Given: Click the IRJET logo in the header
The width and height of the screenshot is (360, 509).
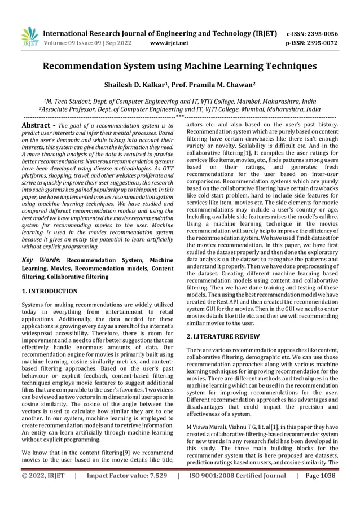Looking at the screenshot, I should pos(29,37).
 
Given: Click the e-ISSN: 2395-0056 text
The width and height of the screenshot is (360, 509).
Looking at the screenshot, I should pos(313,33).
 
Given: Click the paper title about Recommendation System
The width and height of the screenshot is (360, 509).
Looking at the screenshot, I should pos(180,67).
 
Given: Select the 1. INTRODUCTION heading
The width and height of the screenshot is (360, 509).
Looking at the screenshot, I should pos(50,291).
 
